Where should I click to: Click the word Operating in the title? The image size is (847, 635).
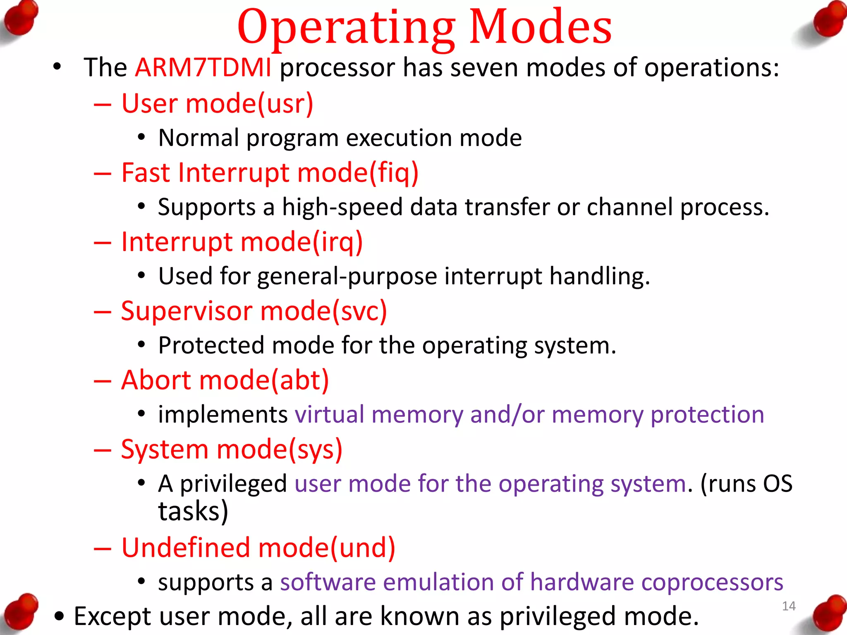click(x=346, y=29)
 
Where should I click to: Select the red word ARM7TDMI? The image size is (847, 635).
click(x=203, y=67)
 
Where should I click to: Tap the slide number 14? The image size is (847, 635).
click(x=789, y=606)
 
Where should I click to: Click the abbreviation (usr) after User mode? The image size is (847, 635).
click(x=285, y=104)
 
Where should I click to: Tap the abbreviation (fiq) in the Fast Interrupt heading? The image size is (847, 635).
click(x=393, y=173)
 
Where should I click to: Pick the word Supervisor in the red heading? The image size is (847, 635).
click(x=186, y=311)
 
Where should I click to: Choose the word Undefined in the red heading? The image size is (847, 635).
click(x=186, y=548)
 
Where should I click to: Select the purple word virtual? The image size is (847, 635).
click(x=329, y=415)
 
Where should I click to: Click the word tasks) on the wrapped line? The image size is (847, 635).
click(x=193, y=511)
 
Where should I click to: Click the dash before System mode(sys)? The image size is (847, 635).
click(x=102, y=450)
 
